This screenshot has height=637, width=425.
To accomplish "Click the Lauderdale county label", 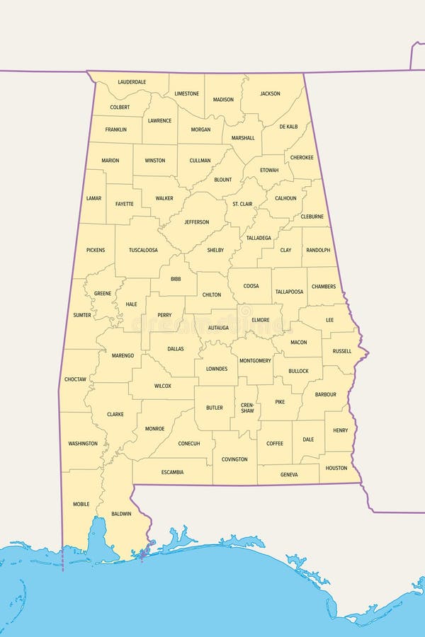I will (x=132, y=82).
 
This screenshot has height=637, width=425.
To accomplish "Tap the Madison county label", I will (x=223, y=100).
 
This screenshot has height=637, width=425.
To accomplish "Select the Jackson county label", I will (x=270, y=93).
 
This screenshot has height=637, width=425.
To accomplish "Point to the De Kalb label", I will (x=288, y=127).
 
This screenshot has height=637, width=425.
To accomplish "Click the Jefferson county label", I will (x=197, y=222).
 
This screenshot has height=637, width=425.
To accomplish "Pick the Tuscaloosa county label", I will (x=143, y=250).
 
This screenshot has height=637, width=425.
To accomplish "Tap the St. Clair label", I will (x=242, y=205).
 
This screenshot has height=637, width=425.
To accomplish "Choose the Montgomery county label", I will (x=255, y=361).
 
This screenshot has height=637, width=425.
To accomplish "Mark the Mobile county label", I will (x=81, y=504).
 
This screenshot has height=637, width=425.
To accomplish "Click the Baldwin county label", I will (x=121, y=514).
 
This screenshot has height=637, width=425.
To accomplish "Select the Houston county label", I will (x=336, y=468).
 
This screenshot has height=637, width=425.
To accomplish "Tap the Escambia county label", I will (x=172, y=472).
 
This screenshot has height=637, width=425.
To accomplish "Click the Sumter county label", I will (x=82, y=315).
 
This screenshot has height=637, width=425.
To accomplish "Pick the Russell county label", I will (x=341, y=351).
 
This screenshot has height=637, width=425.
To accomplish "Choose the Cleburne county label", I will (x=312, y=217).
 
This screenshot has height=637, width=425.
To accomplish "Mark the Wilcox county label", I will (x=163, y=386).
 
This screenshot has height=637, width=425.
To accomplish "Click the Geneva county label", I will (x=289, y=475).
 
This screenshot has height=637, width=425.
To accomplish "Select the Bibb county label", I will (x=176, y=279).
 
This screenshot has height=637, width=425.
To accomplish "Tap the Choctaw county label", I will (x=75, y=379).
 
